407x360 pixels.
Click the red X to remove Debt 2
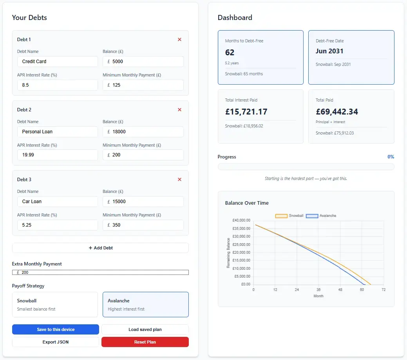[x=179, y=110]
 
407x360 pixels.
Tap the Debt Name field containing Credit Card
[x=57, y=62]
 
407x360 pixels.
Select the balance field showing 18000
[x=143, y=132]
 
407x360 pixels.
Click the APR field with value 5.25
[x=57, y=225]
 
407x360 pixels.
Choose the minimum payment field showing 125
[x=143, y=85]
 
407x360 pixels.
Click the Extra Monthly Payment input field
[x=100, y=273]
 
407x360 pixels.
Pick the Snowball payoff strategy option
[x=55, y=304]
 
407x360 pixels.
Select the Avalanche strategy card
[x=146, y=304]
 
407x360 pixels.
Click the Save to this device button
[x=56, y=329]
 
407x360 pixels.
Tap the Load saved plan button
[x=145, y=329]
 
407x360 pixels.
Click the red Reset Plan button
[x=145, y=342]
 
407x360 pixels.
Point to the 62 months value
[x=230, y=53]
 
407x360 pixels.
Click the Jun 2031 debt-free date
[x=329, y=51]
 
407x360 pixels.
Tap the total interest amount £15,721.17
[x=246, y=112]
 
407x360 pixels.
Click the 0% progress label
[x=391, y=157]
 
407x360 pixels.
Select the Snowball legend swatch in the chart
[x=281, y=216]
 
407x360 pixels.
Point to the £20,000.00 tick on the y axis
[x=241, y=253]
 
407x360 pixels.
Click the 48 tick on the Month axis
[x=340, y=289]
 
